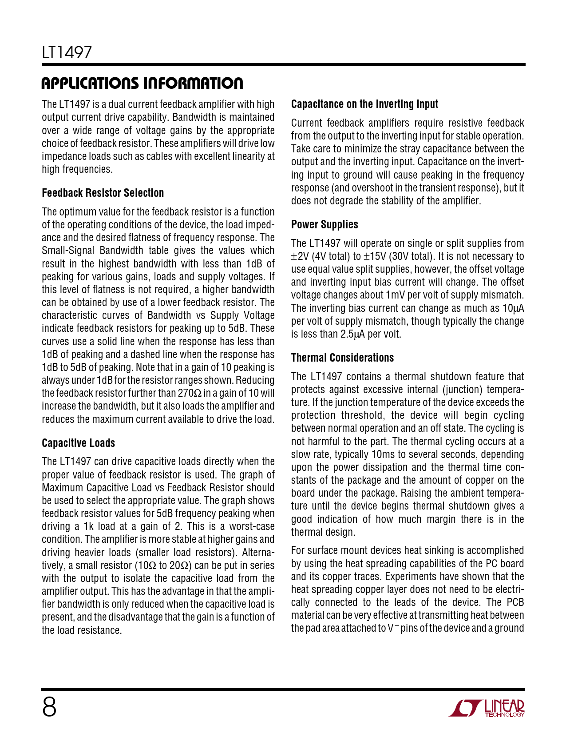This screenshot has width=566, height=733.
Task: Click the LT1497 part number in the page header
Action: [x=67, y=52]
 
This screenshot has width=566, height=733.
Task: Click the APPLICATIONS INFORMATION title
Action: [x=142, y=83]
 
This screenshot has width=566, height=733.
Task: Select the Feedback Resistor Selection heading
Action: [x=103, y=193]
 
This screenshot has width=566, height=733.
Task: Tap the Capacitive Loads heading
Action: [x=78, y=443]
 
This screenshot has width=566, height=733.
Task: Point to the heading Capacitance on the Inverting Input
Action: [x=364, y=104]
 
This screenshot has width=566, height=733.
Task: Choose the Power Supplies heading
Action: [x=325, y=224]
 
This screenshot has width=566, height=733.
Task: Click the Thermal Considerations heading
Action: [x=342, y=358]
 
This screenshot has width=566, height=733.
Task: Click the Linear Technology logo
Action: [x=487, y=708]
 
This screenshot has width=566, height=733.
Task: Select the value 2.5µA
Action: [x=353, y=334]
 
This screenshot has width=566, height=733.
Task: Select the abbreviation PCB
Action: [x=514, y=602]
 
